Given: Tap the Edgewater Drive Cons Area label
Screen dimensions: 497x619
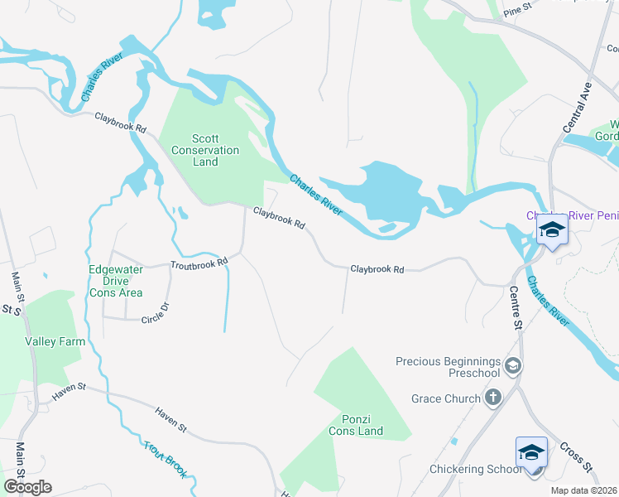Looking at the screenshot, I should click(x=116, y=281).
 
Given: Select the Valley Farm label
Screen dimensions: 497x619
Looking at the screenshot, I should click(x=50, y=340).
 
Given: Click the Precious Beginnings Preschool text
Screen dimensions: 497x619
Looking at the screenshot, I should click(x=449, y=368).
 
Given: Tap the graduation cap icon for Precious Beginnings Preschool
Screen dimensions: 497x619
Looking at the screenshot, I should click(x=513, y=365).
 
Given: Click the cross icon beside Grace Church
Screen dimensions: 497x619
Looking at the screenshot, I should click(x=494, y=398).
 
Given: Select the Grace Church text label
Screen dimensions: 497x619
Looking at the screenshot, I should click(x=446, y=398).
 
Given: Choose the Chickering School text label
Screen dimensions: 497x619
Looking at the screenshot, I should click(x=475, y=469).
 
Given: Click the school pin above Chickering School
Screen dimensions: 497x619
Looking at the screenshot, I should click(x=531, y=453).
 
